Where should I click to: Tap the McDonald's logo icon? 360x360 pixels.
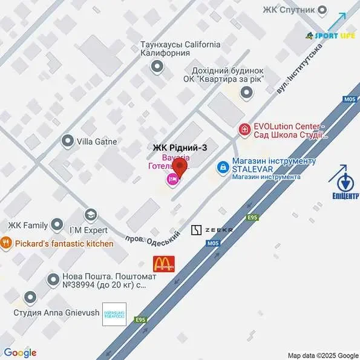[163, 263]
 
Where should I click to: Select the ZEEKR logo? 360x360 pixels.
[212, 230]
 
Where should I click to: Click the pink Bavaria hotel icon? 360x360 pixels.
[172, 179]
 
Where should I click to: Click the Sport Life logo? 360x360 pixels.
[330, 36]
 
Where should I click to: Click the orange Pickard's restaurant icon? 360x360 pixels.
[7, 243]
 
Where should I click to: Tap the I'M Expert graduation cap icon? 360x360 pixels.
[90, 215]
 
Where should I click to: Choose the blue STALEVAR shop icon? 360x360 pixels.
[223, 165]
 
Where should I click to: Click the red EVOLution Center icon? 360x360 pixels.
[244, 129]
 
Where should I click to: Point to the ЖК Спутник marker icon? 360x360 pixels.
[323, 9]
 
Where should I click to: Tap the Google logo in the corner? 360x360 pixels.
[20, 353]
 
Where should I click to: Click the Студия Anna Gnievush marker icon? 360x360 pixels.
[30, 298]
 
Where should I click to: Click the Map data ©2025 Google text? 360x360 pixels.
[323, 355]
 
